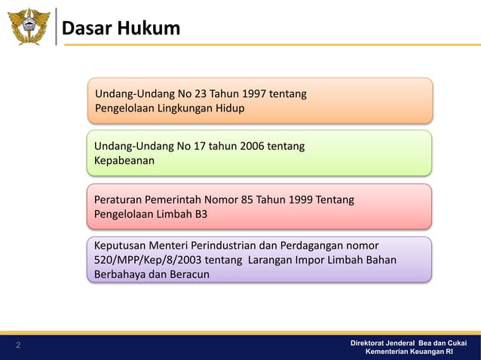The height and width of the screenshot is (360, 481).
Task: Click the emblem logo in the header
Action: coord(28,26)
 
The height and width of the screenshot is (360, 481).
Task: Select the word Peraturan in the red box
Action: coord(120,200)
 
